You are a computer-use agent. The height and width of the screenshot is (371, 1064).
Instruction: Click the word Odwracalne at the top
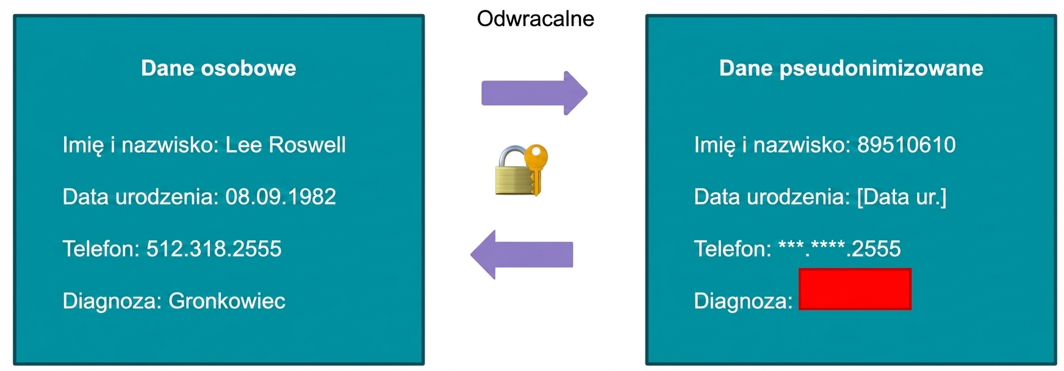(x=535, y=19)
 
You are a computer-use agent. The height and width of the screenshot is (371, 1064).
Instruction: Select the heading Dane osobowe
(x=218, y=68)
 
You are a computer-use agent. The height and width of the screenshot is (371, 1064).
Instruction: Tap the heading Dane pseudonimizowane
(x=851, y=68)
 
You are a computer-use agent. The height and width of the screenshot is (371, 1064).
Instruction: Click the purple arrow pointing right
(x=534, y=93)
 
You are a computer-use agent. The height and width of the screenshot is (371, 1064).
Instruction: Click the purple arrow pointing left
(x=522, y=254)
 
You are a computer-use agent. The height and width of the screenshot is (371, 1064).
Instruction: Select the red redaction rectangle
(x=855, y=289)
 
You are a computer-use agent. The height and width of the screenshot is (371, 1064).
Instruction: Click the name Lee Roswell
(x=286, y=145)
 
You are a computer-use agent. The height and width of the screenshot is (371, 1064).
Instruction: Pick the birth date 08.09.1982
(x=281, y=197)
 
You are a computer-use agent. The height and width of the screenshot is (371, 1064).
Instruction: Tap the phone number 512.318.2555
(x=214, y=249)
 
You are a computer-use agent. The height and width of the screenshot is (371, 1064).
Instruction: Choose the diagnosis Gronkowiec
(x=227, y=301)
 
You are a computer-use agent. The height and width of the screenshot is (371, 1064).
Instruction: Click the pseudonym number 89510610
(x=907, y=145)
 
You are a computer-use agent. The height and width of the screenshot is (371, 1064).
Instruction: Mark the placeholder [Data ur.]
(x=902, y=197)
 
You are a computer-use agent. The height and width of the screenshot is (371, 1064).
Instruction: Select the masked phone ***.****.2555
(x=839, y=248)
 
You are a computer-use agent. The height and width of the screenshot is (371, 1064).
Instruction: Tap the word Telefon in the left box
(x=101, y=249)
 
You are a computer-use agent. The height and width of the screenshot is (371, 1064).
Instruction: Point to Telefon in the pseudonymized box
(x=733, y=249)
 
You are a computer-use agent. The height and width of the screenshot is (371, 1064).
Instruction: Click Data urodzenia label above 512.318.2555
(x=140, y=197)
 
